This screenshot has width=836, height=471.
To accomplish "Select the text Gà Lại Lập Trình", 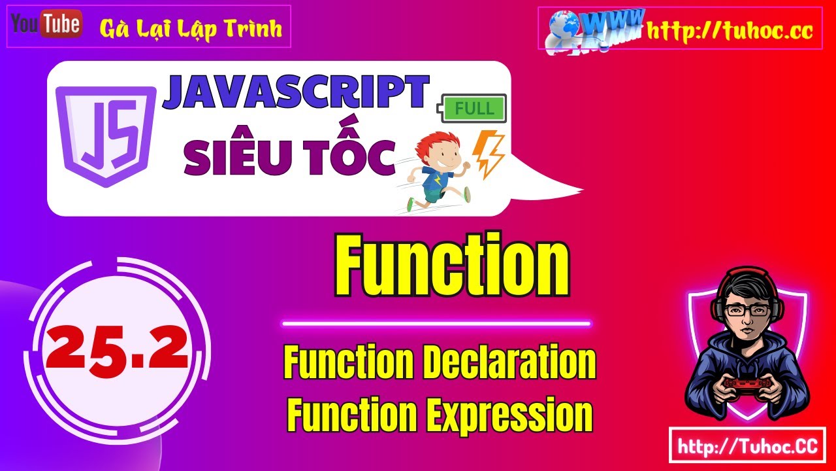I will [x=191, y=29].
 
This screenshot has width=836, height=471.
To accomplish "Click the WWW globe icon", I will [x=588, y=29].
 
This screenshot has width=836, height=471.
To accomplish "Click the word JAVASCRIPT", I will [x=296, y=93].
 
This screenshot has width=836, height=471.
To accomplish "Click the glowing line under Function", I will [x=436, y=323].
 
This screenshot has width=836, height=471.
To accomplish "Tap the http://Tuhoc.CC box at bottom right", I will [x=747, y=447].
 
